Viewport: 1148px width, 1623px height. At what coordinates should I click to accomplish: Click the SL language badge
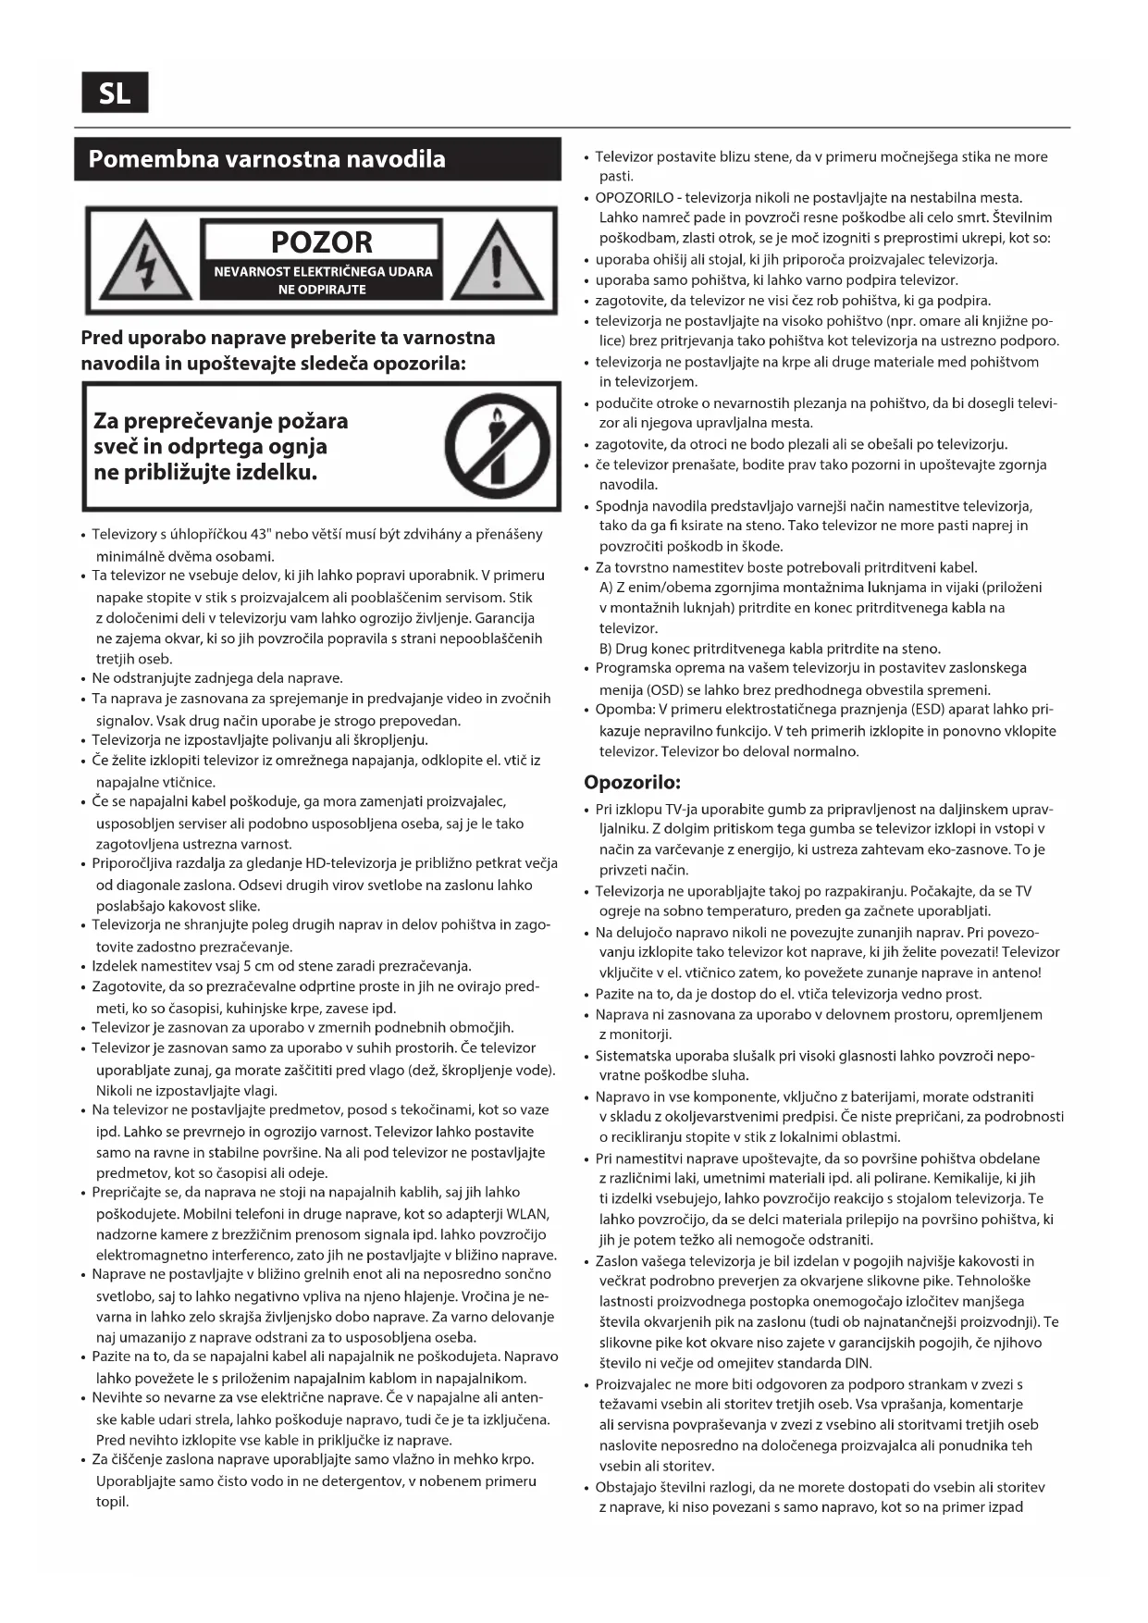[x=115, y=93]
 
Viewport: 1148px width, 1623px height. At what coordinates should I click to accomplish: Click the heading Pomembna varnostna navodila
[x=266, y=159]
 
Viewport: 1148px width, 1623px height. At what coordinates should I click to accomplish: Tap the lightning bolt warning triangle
[x=145, y=262]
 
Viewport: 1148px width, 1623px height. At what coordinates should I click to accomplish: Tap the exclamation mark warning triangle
[x=496, y=262]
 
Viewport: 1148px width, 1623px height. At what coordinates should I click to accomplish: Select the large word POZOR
[x=321, y=242]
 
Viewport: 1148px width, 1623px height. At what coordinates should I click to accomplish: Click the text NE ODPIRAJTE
[x=322, y=290]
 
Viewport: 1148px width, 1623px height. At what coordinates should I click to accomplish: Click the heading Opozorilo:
[x=632, y=782]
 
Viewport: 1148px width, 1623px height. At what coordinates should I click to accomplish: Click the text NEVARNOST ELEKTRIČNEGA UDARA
[x=323, y=272]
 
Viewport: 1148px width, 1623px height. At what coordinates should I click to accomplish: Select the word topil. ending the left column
[x=112, y=1501]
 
